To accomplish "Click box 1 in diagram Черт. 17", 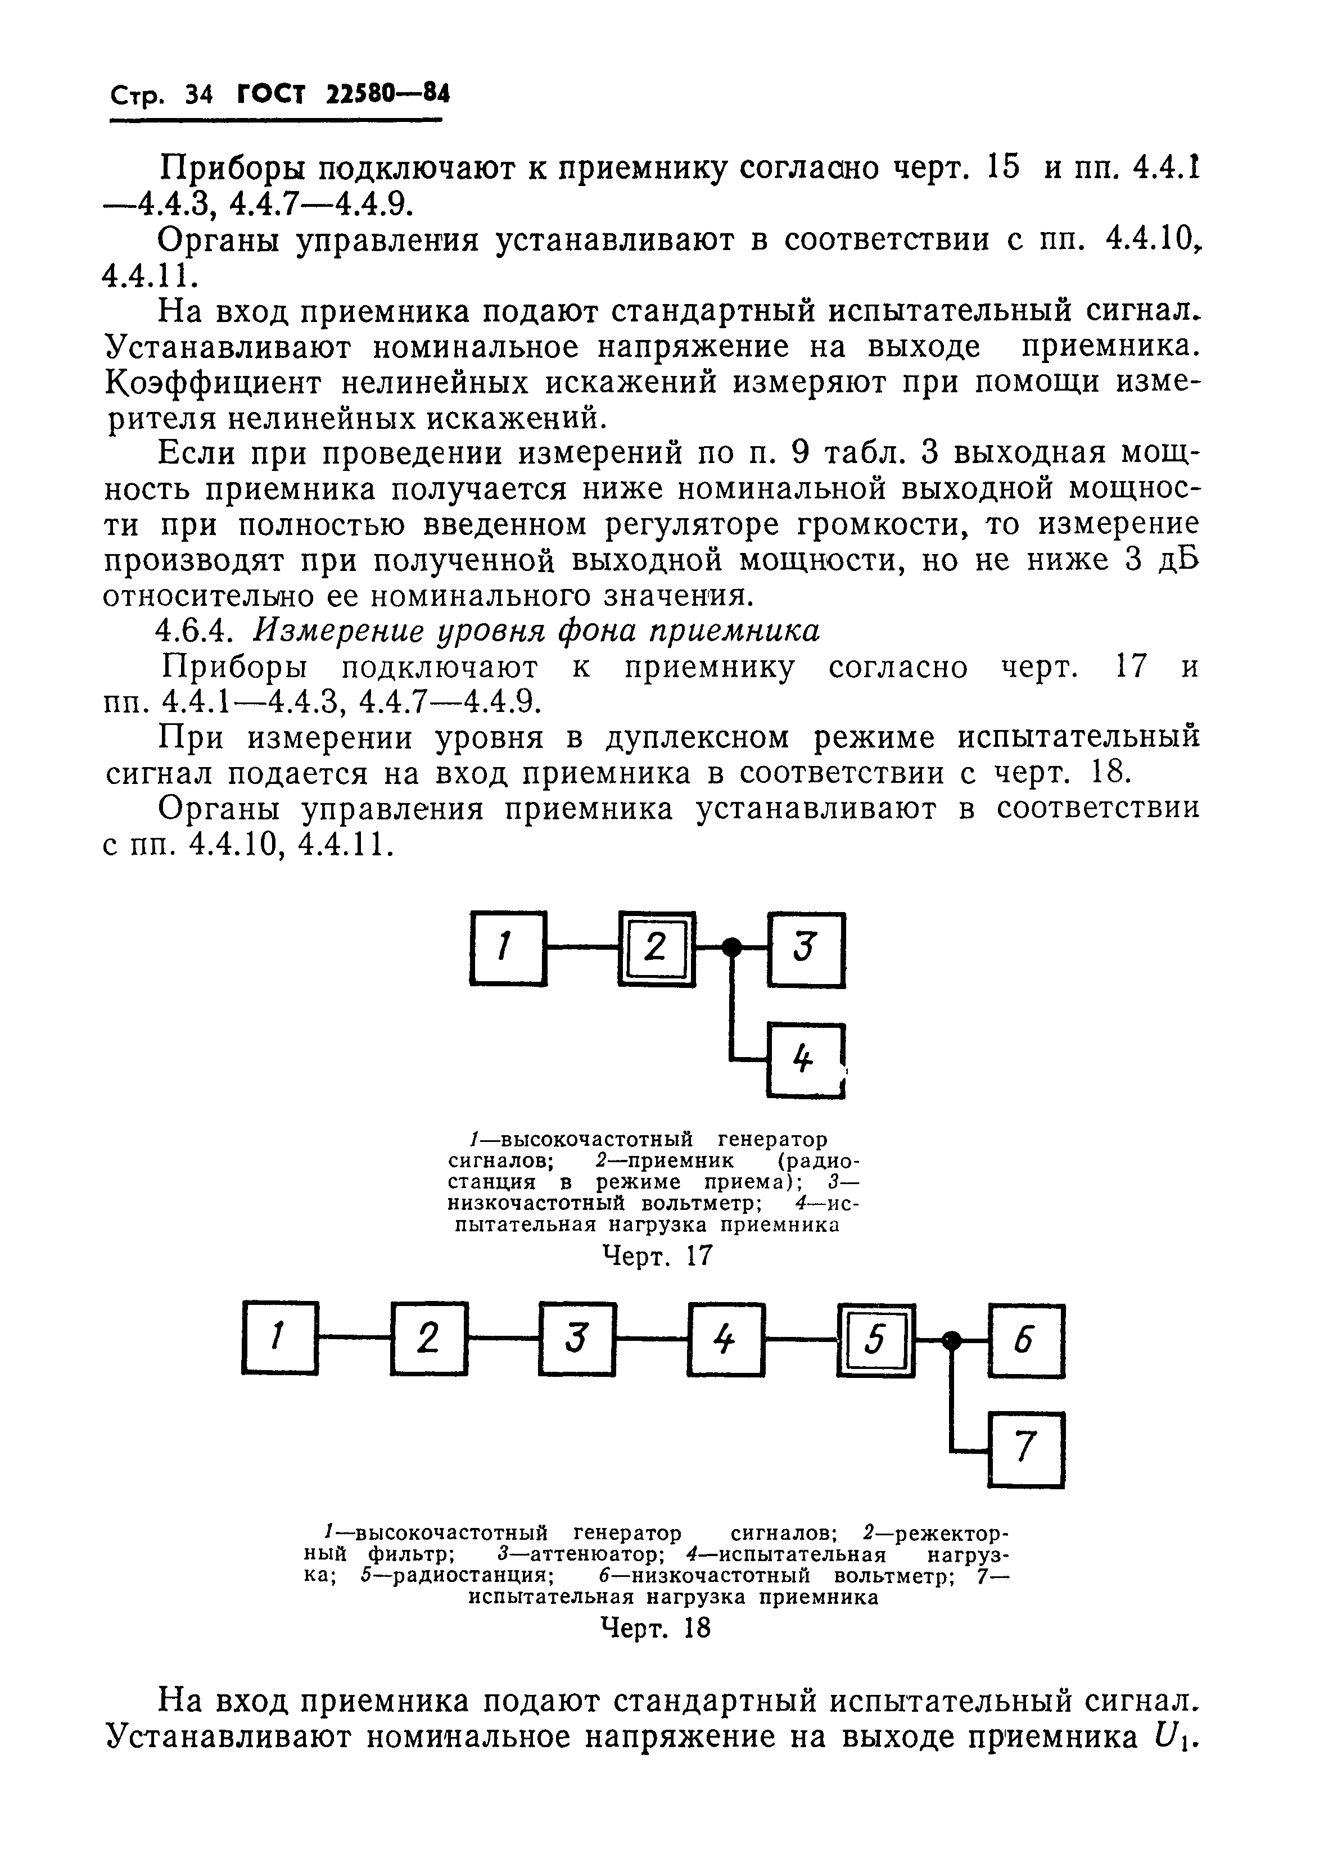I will [508, 948].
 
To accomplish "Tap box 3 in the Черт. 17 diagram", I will [806, 949].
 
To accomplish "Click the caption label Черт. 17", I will [656, 1258].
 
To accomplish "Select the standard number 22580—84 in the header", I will [387, 96].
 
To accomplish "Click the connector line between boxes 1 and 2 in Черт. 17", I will [581, 947].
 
